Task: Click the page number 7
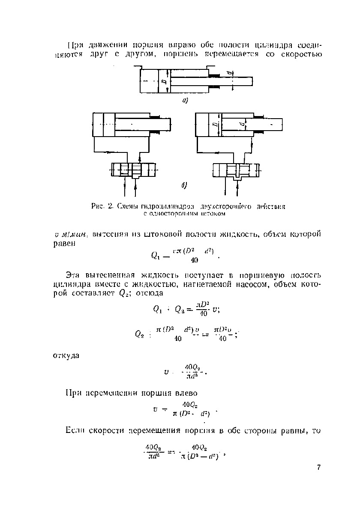(x=319, y=468)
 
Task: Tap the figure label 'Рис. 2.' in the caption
(x=102, y=206)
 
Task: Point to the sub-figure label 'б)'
(x=183, y=186)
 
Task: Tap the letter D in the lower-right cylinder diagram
(x=214, y=125)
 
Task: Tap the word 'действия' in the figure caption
(x=272, y=206)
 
